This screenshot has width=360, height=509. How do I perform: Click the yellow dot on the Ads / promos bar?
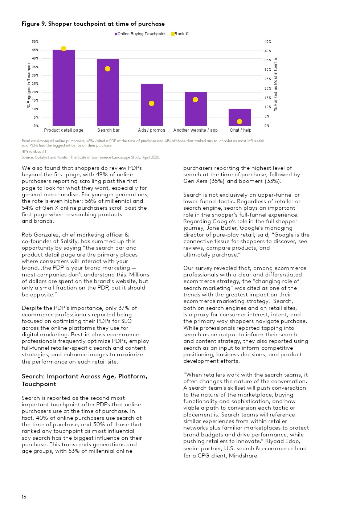coord(152,103)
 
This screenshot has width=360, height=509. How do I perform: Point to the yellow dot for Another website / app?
coord(195,99)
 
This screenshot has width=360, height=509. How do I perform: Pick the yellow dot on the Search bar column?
coord(107,69)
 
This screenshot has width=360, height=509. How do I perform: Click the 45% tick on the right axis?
coord(268,42)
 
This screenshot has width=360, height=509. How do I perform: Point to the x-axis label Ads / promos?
coord(152,130)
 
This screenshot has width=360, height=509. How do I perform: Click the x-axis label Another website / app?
coord(196,130)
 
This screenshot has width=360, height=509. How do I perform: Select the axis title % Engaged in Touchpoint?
coord(29,84)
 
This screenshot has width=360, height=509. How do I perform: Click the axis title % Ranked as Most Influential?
coord(275,84)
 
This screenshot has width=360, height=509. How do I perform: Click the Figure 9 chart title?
coord(93,24)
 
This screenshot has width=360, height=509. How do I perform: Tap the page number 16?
coord(24,497)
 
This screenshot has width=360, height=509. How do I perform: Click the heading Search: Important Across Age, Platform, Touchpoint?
coord(85,380)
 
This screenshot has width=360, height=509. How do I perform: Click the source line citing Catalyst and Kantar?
coord(91,157)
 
